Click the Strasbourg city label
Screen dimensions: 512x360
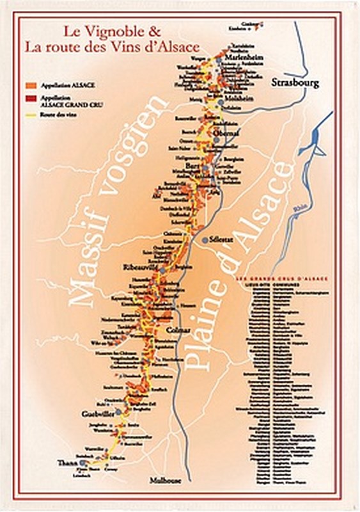[295, 83]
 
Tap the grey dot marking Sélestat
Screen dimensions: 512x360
[205, 239]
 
